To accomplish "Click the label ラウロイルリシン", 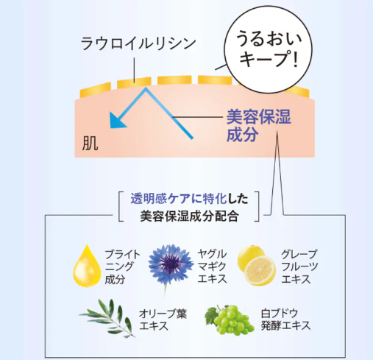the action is click(x=138, y=44).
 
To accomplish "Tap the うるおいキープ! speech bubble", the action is click(x=269, y=49).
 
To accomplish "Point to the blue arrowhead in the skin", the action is click(x=117, y=121).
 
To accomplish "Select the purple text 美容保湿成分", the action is click(x=258, y=125).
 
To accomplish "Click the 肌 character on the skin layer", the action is click(x=90, y=143).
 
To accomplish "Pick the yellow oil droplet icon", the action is click(x=87, y=266).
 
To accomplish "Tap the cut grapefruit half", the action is click(x=260, y=271).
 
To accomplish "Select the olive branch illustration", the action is click(x=107, y=318).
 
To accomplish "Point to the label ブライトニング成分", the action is click(x=122, y=267).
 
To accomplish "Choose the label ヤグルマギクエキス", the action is click(x=212, y=267).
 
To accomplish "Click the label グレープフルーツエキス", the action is click(x=299, y=267).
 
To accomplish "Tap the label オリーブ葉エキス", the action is click(x=163, y=320).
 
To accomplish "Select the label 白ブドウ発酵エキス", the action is click(x=285, y=320).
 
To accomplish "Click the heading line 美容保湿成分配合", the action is click(x=189, y=216).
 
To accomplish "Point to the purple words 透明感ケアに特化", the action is click(x=179, y=199).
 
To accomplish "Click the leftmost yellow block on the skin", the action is click(x=96, y=90).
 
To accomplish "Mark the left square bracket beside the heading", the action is click(x=121, y=207).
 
